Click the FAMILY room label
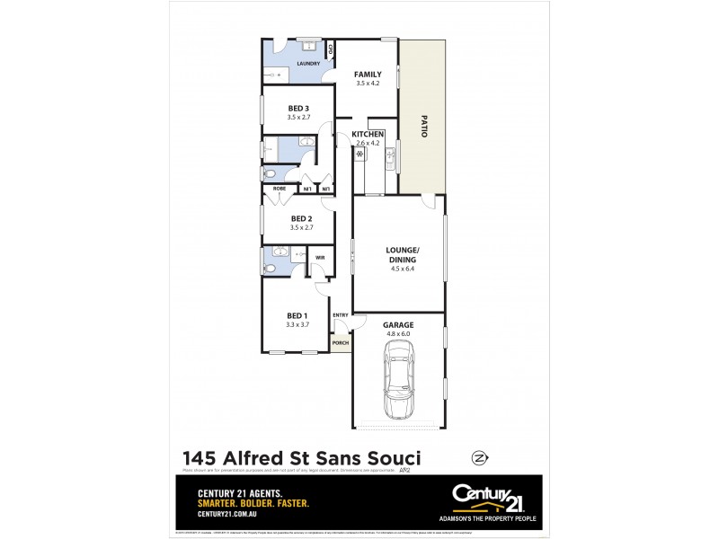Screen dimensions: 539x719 (x=368, y=74)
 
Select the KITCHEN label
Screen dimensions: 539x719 (x=368, y=134)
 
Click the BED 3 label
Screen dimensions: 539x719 (x=298, y=108)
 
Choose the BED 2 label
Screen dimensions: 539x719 (x=301, y=218)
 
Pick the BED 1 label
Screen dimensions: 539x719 (x=297, y=315)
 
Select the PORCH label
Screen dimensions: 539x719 (x=340, y=343)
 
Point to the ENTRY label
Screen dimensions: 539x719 (x=341, y=315)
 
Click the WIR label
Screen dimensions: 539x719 (x=319, y=258)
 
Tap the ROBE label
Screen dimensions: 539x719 (x=280, y=189)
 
